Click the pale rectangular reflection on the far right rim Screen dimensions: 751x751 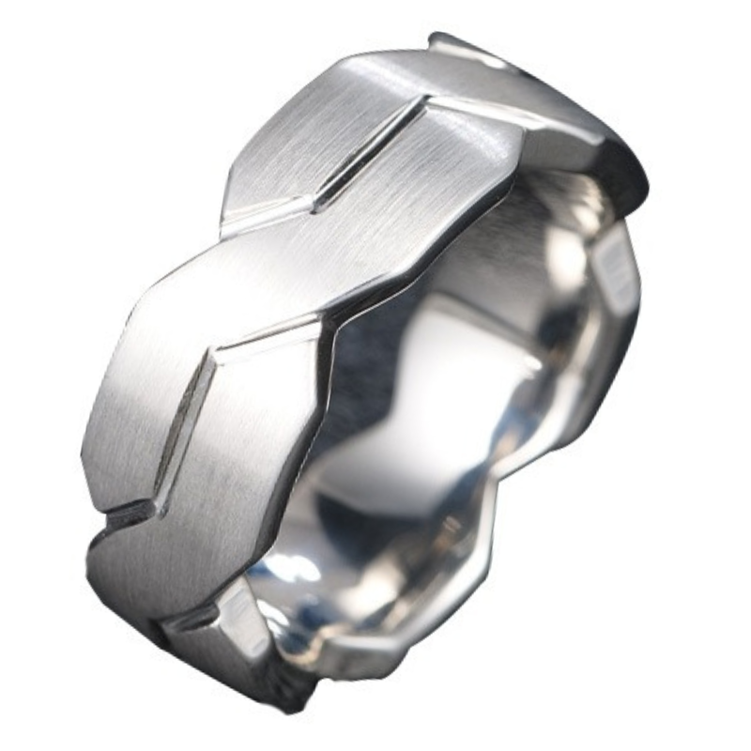coord(615,272)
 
